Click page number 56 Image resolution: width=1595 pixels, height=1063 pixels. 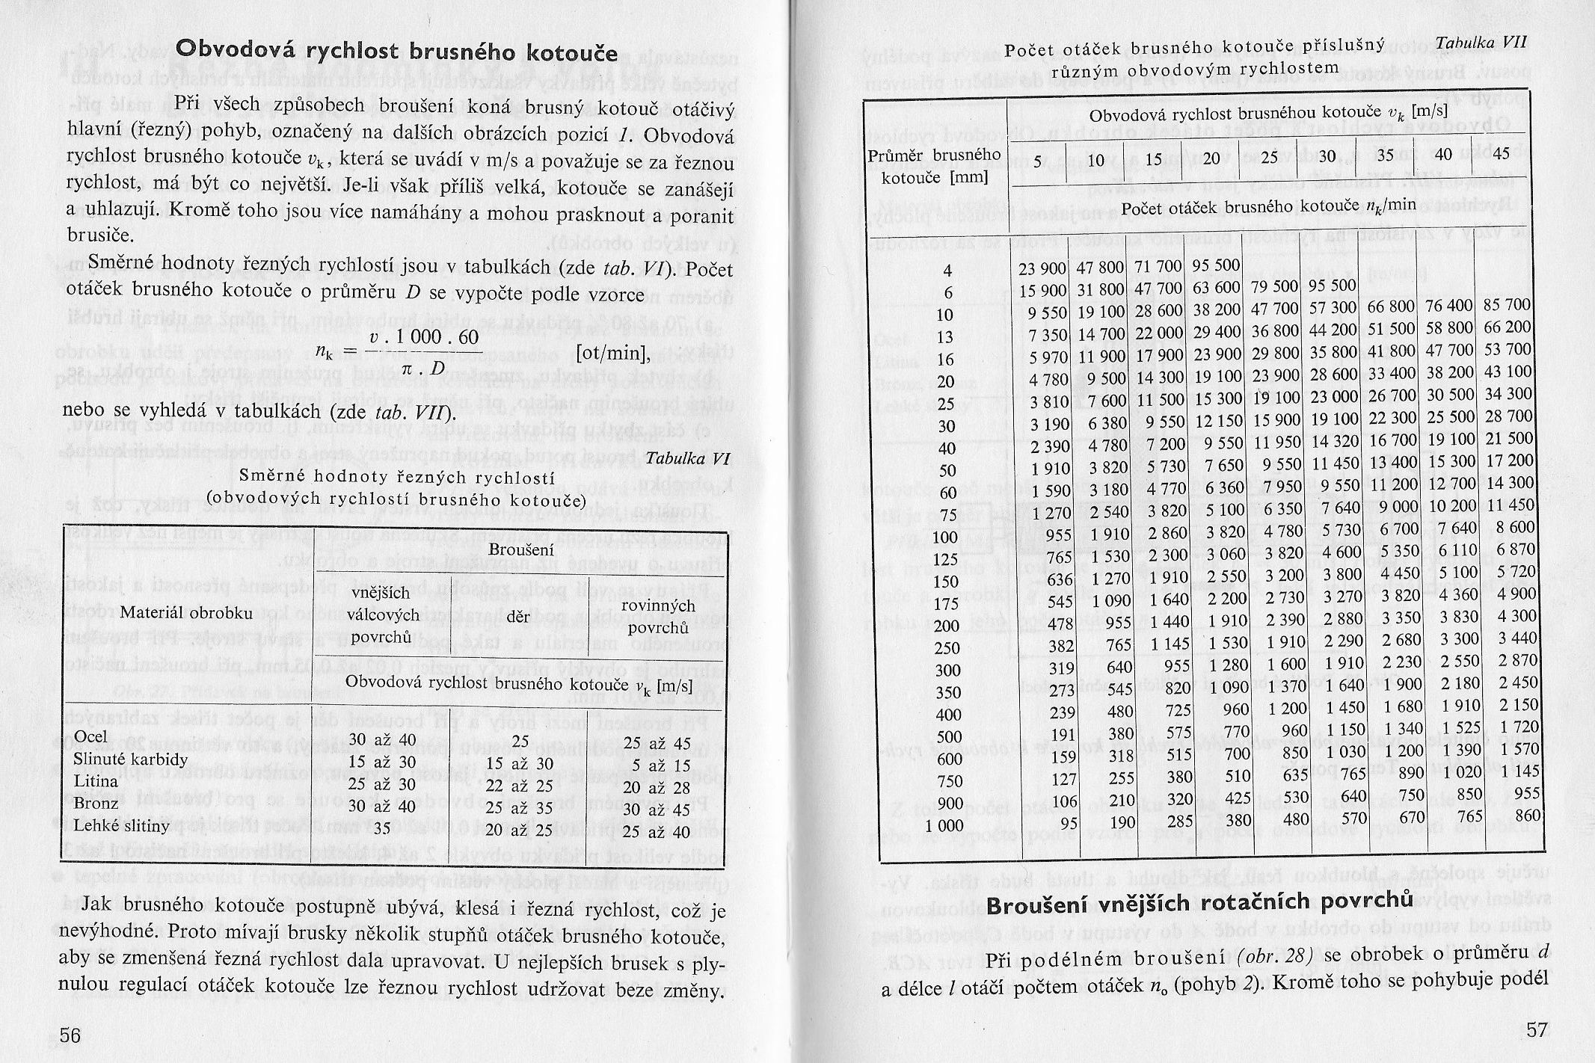pos(70,1035)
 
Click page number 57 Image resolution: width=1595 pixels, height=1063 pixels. pos(1536,1029)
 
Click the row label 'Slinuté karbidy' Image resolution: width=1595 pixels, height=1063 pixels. pos(130,759)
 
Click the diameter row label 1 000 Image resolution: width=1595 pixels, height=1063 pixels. pos(944,825)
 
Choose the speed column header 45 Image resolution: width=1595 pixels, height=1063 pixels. pos(1500,154)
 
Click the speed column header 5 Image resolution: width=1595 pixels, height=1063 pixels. pos(1038,161)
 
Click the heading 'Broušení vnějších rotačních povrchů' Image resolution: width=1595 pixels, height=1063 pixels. pos(1199,903)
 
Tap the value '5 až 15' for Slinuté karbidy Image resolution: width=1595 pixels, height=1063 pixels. pos(648,765)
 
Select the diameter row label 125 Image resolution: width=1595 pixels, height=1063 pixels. pos(946,558)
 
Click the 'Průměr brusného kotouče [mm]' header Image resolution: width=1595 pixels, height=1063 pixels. pos(935,165)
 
